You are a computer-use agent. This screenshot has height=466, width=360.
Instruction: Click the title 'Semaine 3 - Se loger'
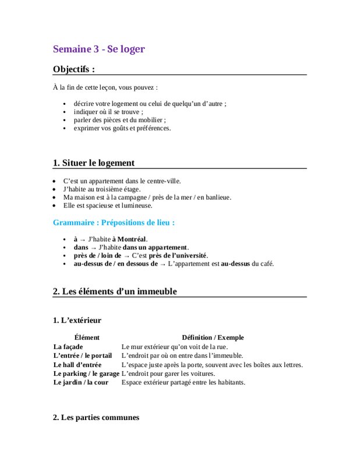[x=98, y=49]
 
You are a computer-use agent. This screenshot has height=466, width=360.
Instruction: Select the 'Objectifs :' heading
[x=74, y=69]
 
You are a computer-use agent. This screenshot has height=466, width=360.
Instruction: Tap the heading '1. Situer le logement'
[x=93, y=163]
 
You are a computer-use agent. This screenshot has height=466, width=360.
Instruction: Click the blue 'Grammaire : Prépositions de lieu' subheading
[x=114, y=223]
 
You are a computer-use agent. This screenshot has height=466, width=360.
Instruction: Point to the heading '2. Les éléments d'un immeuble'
[x=115, y=291]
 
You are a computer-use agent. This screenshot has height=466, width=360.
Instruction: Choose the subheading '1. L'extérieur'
[x=77, y=320]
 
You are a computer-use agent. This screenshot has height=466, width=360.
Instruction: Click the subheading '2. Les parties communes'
[x=96, y=417]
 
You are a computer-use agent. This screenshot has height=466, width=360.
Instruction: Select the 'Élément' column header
[x=87, y=337]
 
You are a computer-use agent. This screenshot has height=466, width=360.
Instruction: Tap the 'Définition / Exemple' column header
[x=213, y=337]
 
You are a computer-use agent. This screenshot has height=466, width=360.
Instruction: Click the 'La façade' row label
[x=68, y=347]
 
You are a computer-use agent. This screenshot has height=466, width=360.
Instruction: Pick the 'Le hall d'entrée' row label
[x=77, y=365]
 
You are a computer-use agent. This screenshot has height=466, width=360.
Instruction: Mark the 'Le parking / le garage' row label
[x=86, y=373]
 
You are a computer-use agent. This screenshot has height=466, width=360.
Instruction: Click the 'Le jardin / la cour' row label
[x=80, y=383]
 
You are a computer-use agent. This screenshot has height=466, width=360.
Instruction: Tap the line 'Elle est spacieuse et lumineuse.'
[x=108, y=205]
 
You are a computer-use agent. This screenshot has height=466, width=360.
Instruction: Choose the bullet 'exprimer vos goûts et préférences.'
[x=122, y=128]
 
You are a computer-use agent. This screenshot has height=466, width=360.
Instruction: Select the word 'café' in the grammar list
[x=266, y=263]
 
